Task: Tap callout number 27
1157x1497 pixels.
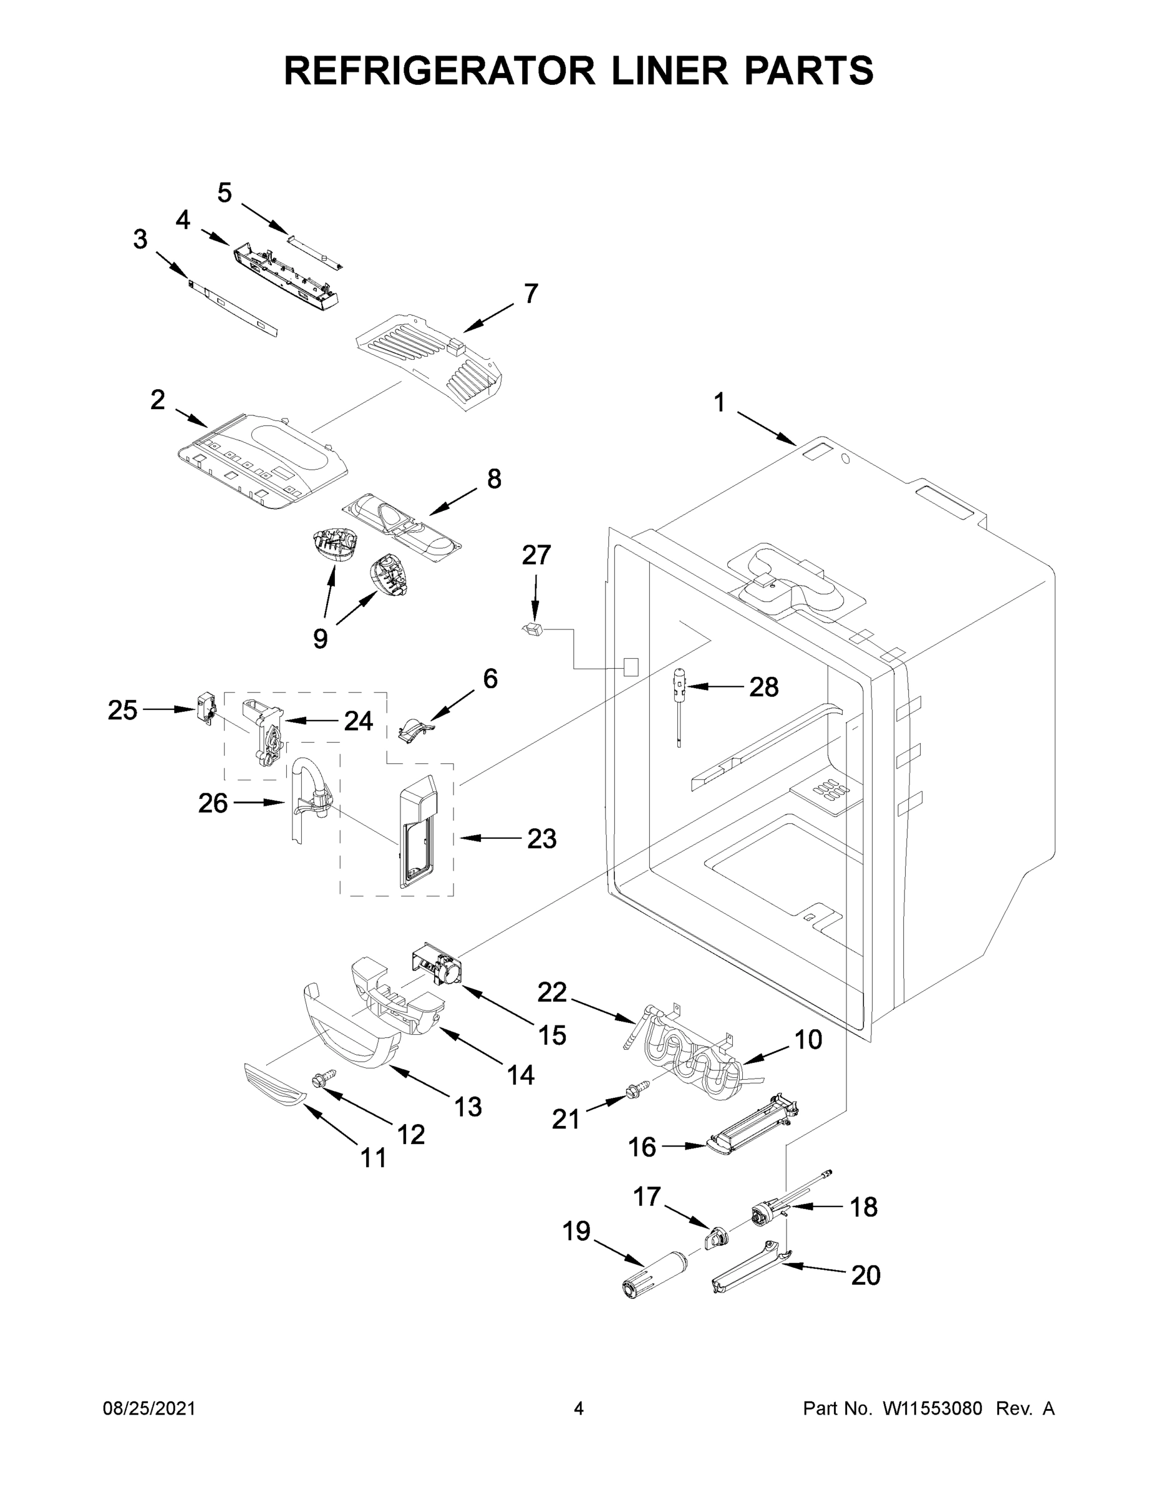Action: coord(536,555)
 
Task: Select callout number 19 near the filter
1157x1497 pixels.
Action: coord(576,1231)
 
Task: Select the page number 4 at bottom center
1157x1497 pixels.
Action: coord(579,1408)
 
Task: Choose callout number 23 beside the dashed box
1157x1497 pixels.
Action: coord(541,838)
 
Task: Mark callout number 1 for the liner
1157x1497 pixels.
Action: coord(719,403)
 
